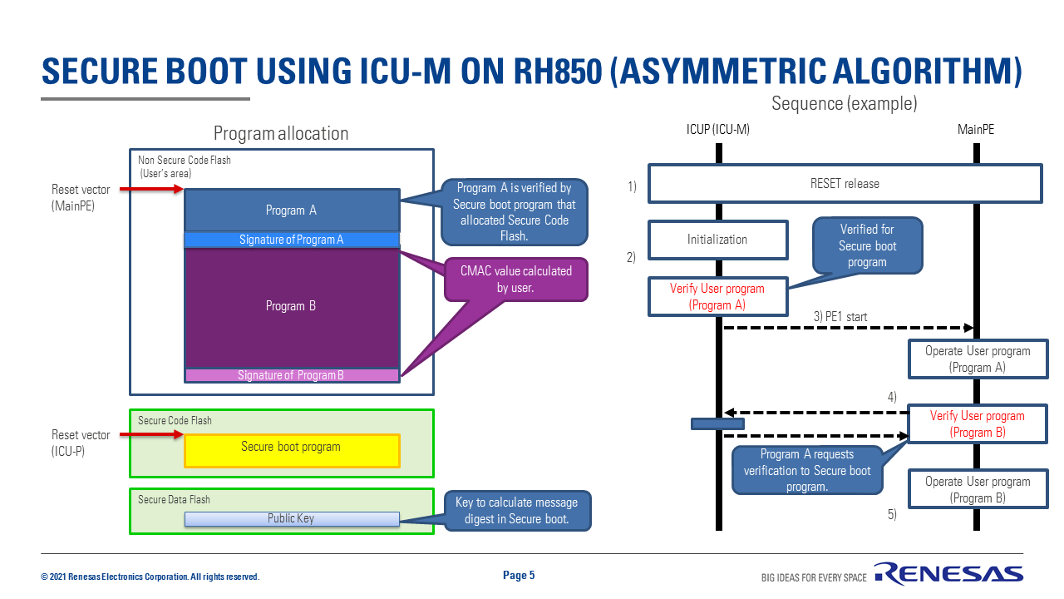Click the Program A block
click(292, 210)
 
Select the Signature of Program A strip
click(292, 240)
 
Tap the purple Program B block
click(292, 308)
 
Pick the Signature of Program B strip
click(292, 375)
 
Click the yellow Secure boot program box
click(292, 450)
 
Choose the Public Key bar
click(292, 518)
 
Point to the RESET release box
click(845, 184)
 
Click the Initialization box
click(717, 240)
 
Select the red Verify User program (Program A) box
click(717, 297)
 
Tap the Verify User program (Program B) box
click(978, 423)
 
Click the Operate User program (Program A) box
click(978, 359)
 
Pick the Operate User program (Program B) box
click(978, 489)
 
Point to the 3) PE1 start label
click(840, 317)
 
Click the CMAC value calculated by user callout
click(516, 280)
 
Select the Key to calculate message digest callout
click(517, 511)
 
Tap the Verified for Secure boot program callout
click(867, 245)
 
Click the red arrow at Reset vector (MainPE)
click(151, 189)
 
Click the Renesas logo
click(948, 573)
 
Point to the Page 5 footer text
click(519, 575)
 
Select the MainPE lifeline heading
click(976, 129)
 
